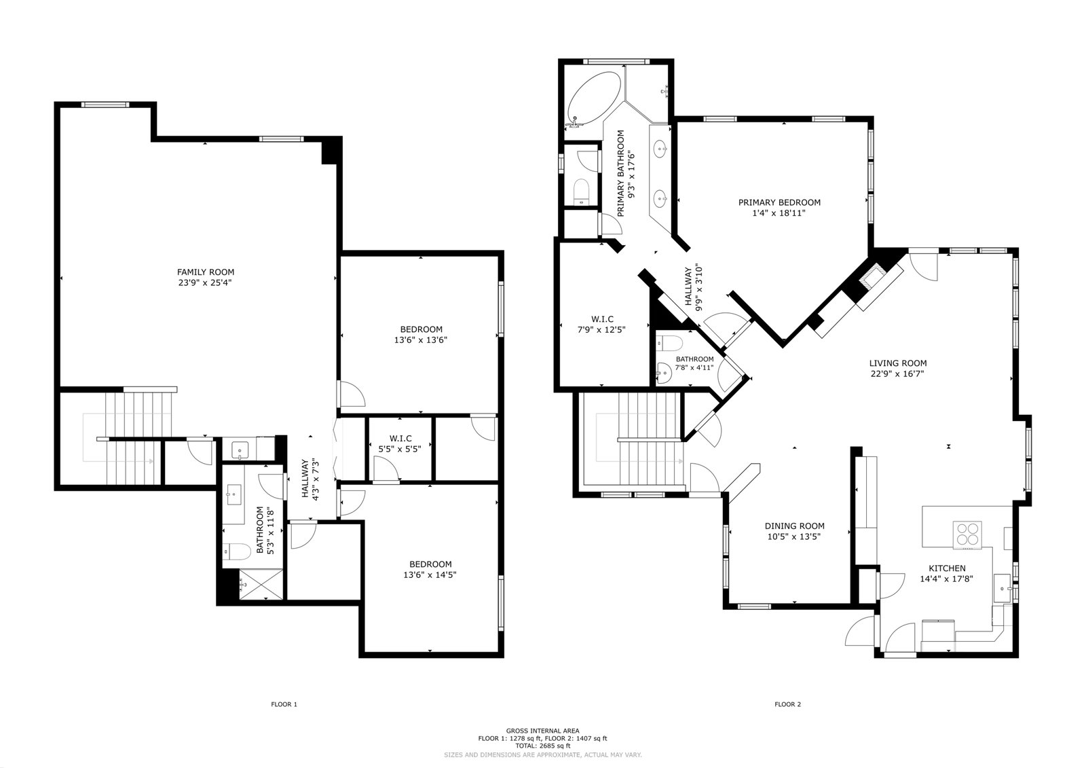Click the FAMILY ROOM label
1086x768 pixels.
[x=206, y=272]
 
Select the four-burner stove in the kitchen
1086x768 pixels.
[x=967, y=534]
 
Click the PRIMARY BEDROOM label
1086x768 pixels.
[x=779, y=202]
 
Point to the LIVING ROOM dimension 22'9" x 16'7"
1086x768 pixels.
[x=897, y=373]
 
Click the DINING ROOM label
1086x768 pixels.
[x=795, y=526]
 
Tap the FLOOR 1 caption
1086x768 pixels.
[x=284, y=704]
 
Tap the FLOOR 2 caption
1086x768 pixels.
[x=788, y=704]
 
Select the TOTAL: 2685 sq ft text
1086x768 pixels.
[x=542, y=746]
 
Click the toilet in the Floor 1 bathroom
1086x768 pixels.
[x=237, y=551]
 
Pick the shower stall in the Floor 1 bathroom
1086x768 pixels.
[x=261, y=585]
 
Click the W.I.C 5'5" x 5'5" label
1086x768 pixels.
[x=400, y=444]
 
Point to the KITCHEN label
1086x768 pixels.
[x=947, y=568]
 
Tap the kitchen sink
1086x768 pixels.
[x=1002, y=588]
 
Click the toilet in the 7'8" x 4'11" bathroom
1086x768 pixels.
[x=669, y=344]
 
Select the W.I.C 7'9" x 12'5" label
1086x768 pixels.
[x=601, y=325]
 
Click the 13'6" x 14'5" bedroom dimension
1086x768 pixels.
[x=430, y=575]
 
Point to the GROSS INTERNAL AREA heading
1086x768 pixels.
[x=542, y=731]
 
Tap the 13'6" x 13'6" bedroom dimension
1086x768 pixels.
[x=420, y=340]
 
